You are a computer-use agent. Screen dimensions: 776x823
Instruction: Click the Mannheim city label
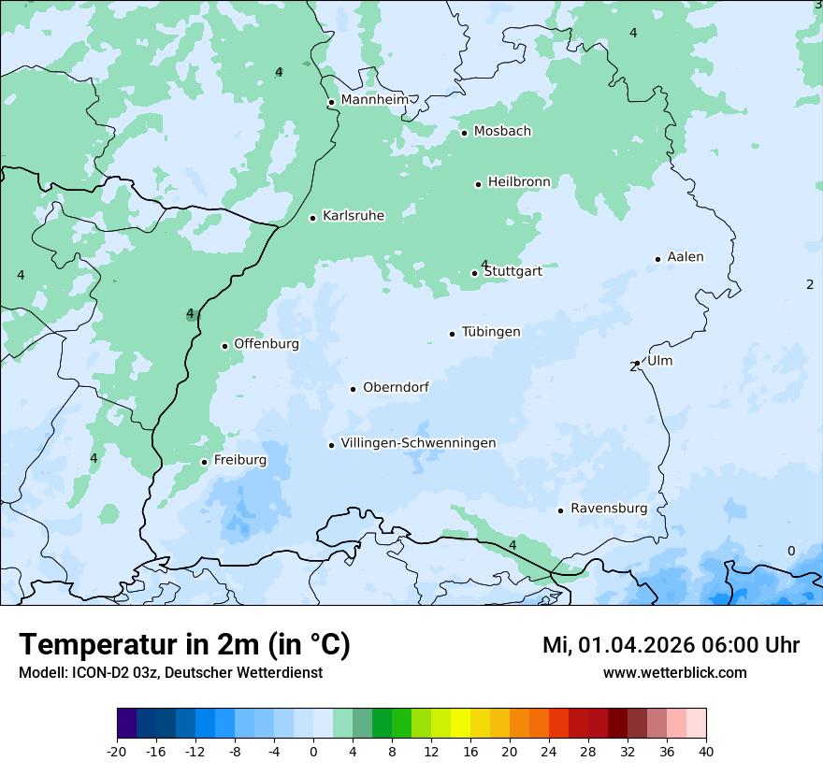tap(374, 100)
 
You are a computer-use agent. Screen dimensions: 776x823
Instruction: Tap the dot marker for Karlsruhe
tap(313, 218)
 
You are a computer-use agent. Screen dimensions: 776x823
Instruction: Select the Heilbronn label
tap(519, 181)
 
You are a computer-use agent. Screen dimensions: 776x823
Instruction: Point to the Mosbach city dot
tap(464, 133)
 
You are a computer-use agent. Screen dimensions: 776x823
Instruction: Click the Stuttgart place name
tap(513, 272)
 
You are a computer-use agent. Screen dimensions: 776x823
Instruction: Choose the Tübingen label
tap(491, 332)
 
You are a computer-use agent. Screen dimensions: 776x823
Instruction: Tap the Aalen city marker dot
tap(657, 259)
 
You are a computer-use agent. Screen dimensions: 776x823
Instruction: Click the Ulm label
tap(659, 361)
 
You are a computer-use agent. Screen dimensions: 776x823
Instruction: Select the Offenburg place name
tap(267, 344)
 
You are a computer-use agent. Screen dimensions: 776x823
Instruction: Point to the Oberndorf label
tap(396, 387)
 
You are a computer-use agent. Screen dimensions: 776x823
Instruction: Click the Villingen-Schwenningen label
tap(418, 443)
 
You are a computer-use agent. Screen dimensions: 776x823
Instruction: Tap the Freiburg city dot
tap(204, 462)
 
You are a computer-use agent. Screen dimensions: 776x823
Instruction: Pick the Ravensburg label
tap(609, 509)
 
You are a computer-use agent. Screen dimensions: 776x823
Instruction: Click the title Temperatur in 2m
tap(184, 644)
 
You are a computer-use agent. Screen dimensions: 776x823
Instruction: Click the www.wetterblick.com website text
tap(674, 673)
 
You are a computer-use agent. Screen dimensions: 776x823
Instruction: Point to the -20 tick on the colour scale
tap(117, 752)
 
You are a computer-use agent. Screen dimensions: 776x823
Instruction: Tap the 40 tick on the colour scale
tap(706, 752)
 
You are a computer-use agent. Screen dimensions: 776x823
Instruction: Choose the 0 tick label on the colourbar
tap(313, 752)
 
